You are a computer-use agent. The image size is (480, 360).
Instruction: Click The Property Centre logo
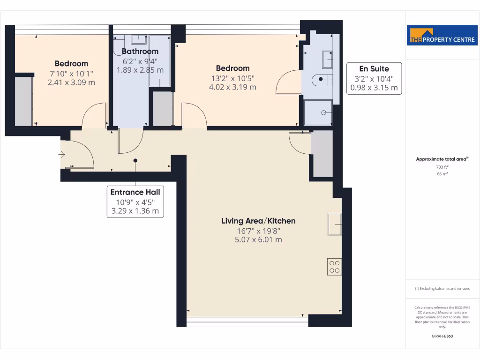438,36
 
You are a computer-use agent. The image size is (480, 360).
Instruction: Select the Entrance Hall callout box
135,201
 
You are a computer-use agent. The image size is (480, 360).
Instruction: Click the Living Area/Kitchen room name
258,221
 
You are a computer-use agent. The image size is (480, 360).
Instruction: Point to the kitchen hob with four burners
335,267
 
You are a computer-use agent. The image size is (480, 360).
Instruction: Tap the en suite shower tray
318,112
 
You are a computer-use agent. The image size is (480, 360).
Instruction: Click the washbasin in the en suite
327,60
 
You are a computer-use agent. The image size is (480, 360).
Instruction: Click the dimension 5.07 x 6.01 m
258,240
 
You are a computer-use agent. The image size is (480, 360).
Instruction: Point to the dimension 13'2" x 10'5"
232,78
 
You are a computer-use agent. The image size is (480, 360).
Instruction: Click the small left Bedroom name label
71,63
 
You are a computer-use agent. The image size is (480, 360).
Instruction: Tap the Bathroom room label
140,51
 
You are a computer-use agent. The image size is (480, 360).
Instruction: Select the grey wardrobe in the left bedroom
23,101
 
